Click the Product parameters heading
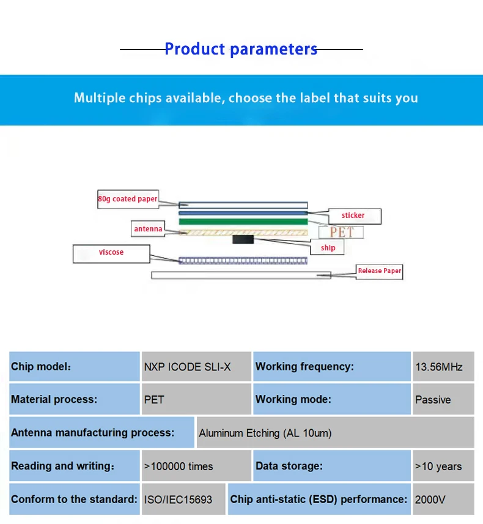tap(241, 49)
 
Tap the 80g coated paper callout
tap(128, 199)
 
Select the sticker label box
tap(353, 215)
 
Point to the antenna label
tap(148, 230)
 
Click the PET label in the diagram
tap(341, 232)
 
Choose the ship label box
tap(328, 248)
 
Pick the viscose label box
tap(111, 252)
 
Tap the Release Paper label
tap(379, 271)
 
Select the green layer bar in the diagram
tap(243, 221)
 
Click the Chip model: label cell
tap(75, 367)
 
